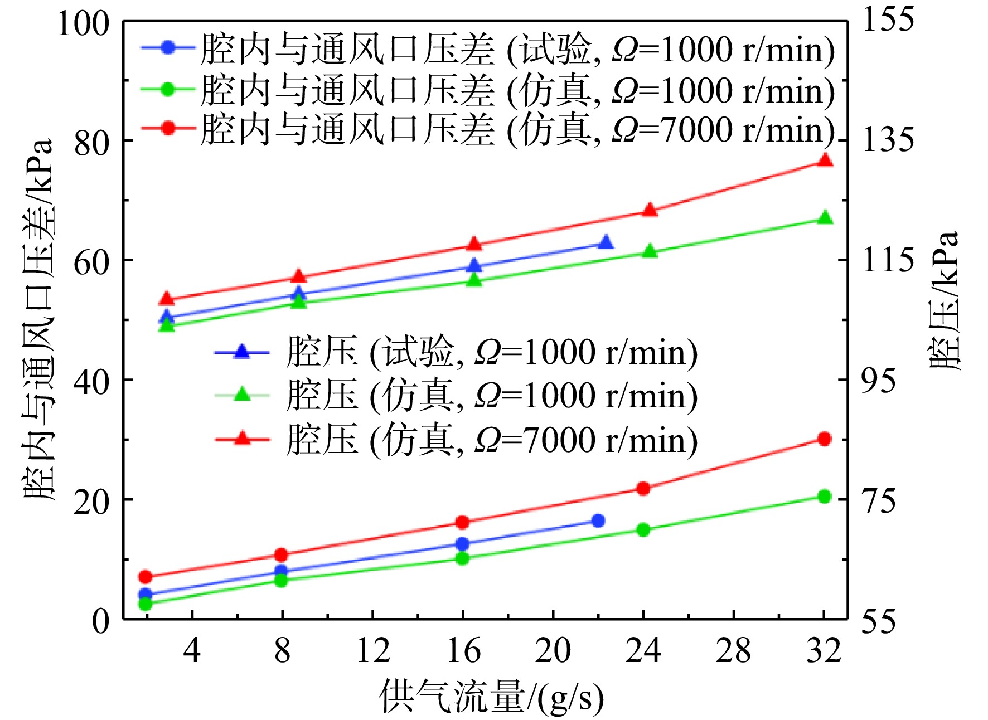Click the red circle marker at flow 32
[x=824, y=439]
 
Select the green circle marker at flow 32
[x=824, y=497]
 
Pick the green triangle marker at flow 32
[x=825, y=218]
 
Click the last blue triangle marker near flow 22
[x=606, y=243]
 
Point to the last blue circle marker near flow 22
[x=598, y=520]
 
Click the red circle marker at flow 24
[x=643, y=489]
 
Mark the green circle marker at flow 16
[x=462, y=558]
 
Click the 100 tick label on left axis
[x=83, y=25]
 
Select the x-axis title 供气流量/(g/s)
[x=491, y=697]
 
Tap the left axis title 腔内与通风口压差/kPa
[x=39, y=320]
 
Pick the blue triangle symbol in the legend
[x=241, y=352]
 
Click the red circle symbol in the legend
[x=168, y=128]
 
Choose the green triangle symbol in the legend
[x=241, y=395]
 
